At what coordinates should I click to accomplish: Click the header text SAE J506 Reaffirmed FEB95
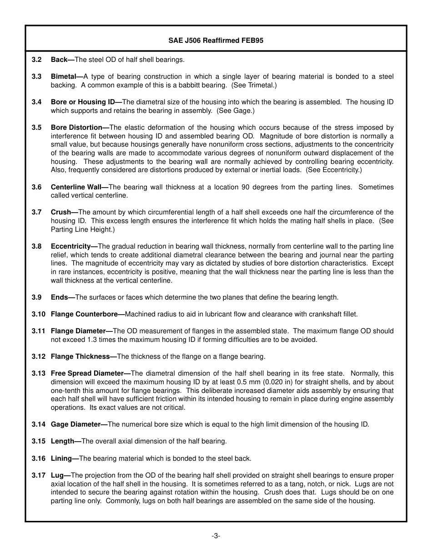point(216,41)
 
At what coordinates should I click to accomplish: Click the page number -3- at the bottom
point(216,536)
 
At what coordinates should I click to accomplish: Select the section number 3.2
point(36,60)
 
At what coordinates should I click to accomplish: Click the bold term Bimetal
point(64,76)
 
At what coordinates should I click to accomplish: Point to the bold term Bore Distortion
point(76,127)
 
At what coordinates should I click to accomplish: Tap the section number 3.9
point(36,297)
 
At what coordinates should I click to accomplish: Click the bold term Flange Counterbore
point(84,314)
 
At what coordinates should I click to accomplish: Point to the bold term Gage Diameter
point(75,424)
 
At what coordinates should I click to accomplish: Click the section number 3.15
point(38,441)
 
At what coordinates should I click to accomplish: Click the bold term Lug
point(57,475)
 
